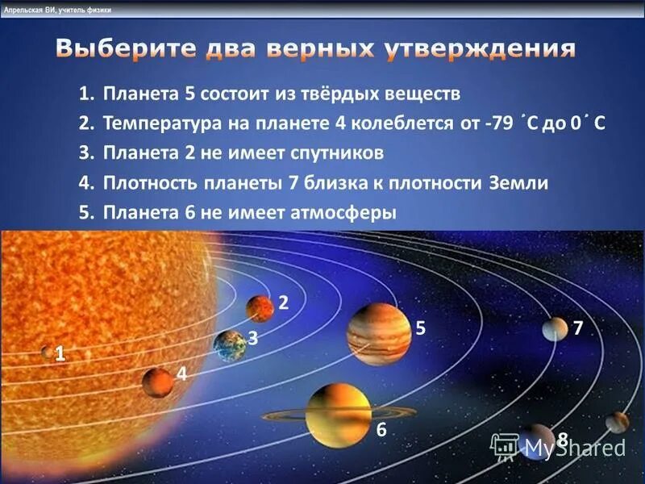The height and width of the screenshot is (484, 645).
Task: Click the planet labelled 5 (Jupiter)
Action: coord(379,333)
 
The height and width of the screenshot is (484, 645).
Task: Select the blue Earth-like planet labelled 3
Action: coord(230,345)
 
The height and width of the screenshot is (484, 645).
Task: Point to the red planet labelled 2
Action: coord(260,308)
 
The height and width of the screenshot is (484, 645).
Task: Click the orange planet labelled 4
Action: coord(158,382)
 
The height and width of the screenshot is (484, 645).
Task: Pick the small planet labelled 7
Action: coord(555,328)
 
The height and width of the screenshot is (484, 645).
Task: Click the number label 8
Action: coord(563,438)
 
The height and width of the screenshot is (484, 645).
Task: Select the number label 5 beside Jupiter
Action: coord(420,328)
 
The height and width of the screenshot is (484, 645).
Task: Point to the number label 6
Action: coord(381,430)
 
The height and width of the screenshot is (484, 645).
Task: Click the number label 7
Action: coord(577,327)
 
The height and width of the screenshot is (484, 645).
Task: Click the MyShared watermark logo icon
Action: coord(505,445)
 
